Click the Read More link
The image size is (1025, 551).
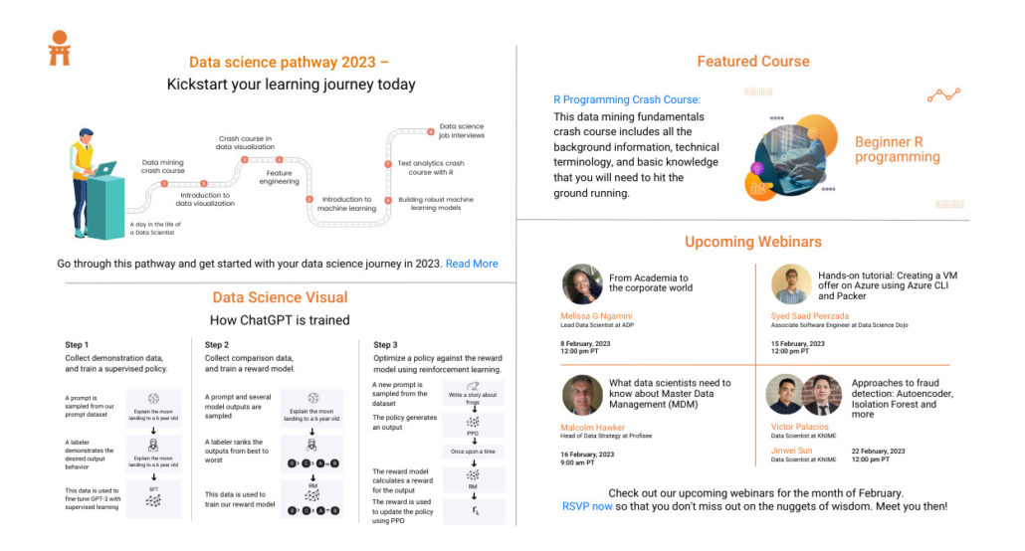tap(472, 264)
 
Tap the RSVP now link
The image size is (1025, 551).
tap(587, 506)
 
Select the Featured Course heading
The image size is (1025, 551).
tap(752, 62)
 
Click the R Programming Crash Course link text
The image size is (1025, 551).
tap(627, 99)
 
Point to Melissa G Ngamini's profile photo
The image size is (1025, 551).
tap(581, 284)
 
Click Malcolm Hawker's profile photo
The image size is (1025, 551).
tap(582, 395)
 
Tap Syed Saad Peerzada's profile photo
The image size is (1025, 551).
tap(791, 284)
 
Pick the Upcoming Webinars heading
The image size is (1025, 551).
tap(752, 242)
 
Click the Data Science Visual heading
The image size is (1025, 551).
tap(280, 297)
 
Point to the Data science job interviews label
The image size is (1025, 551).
tap(462, 130)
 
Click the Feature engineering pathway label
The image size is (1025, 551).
tap(281, 178)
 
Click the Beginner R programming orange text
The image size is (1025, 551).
tap(897, 149)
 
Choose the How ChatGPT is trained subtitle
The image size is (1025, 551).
tap(280, 320)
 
